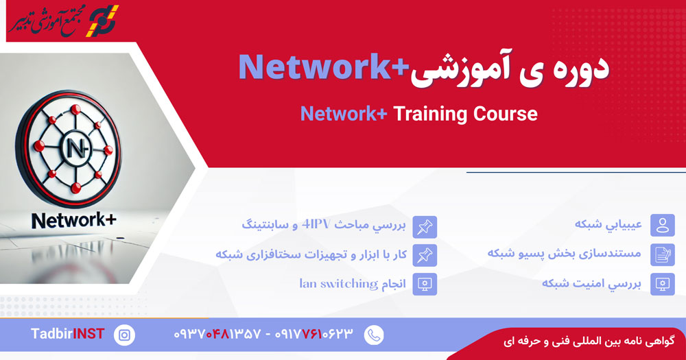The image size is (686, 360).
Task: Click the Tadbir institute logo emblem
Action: point(102,20)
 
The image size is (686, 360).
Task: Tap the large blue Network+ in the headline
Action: point(324,68)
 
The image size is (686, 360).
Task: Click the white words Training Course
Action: point(465,114)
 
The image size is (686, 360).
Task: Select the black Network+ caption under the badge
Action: point(74,220)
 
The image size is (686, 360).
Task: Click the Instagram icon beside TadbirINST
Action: point(125,335)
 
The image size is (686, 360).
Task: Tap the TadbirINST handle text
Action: point(67,334)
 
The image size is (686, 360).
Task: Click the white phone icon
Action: point(374,335)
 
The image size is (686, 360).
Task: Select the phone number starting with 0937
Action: point(217,335)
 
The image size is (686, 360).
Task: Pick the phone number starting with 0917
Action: point(314,335)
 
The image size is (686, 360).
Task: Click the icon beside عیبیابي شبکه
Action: point(663,226)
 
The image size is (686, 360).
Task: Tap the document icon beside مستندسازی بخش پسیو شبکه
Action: point(663,255)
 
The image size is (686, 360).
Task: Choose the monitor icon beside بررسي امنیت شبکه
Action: point(663,285)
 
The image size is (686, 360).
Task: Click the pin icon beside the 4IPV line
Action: point(425,226)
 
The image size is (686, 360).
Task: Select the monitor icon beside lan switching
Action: point(425,285)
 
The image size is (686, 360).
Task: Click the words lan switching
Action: point(339,284)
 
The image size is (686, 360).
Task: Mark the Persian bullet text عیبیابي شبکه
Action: point(608,224)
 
